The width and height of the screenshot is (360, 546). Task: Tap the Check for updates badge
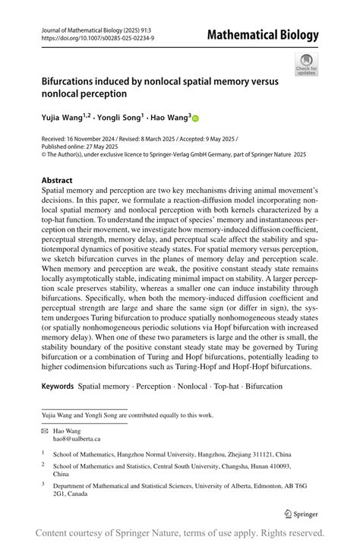pos(306,64)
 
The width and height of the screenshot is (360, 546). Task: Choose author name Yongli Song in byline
pos(119,118)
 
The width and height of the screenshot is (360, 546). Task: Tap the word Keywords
pos(57,386)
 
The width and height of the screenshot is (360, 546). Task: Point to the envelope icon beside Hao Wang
pos(45,430)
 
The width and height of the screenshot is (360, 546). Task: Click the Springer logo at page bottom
pos(300,513)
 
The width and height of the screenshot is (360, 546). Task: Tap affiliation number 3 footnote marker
pos(43,483)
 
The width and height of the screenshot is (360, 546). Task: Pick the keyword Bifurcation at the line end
pos(259,386)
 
